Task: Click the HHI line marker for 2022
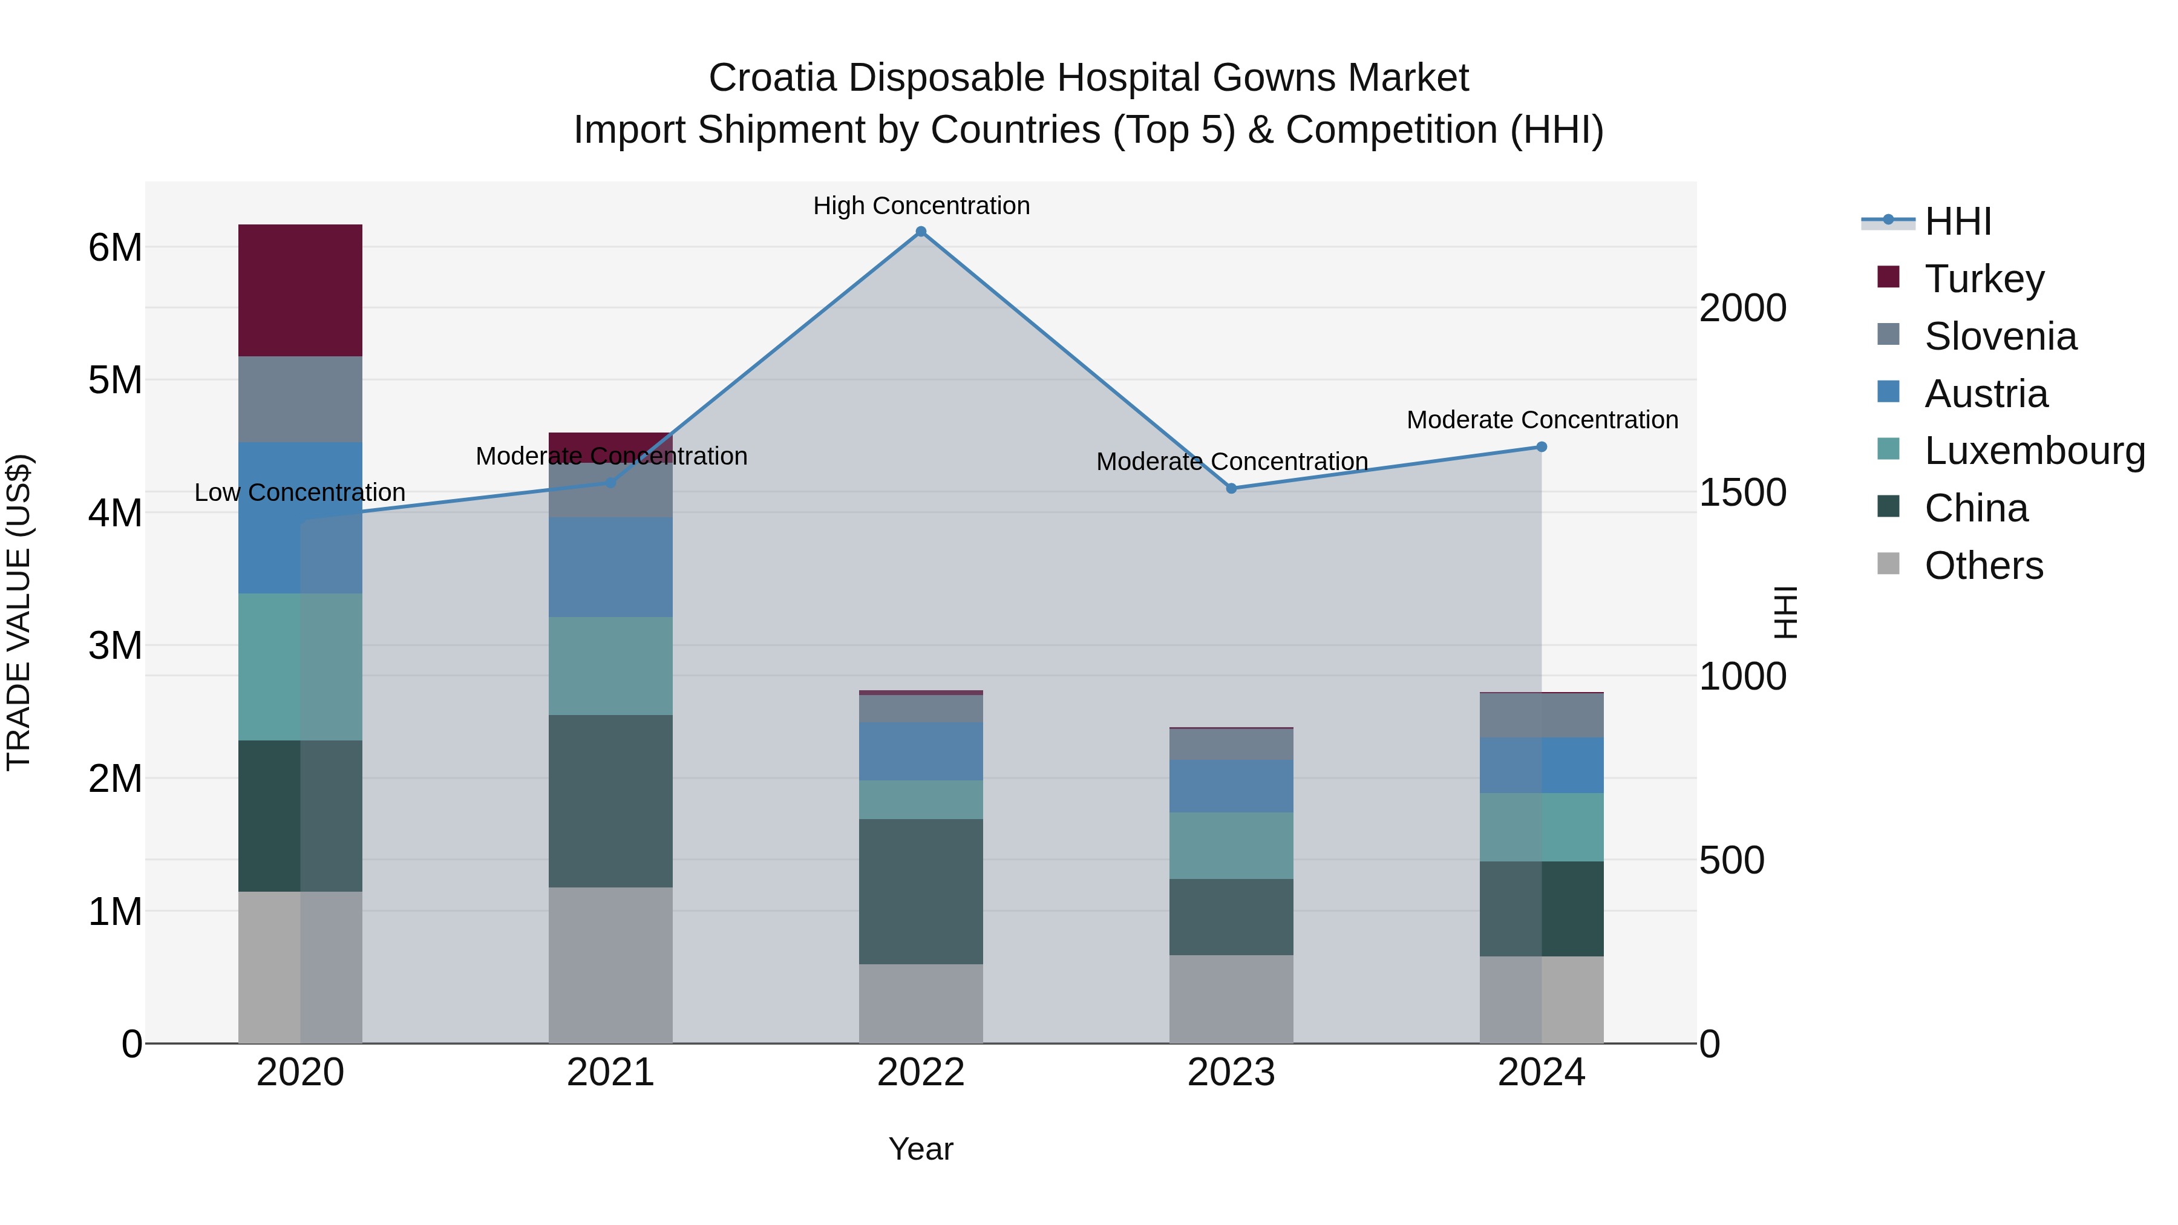click(x=921, y=232)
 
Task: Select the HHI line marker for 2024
click(x=1542, y=446)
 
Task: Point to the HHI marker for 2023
click(x=1231, y=489)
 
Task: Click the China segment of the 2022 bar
click(x=921, y=891)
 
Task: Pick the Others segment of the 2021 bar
click(x=610, y=965)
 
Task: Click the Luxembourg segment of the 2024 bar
click(x=1542, y=827)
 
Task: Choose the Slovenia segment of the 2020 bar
click(x=300, y=399)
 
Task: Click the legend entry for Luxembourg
click(x=2033, y=451)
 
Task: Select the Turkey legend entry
click(x=1984, y=278)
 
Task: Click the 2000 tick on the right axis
click(x=1742, y=308)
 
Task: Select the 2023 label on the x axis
click(x=1231, y=1073)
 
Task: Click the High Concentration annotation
click(x=921, y=206)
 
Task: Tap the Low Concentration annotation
click(x=299, y=492)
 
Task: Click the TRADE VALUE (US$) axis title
click(x=19, y=612)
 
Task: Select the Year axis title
click(x=921, y=1149)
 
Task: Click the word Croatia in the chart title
click(x=772, y=78)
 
